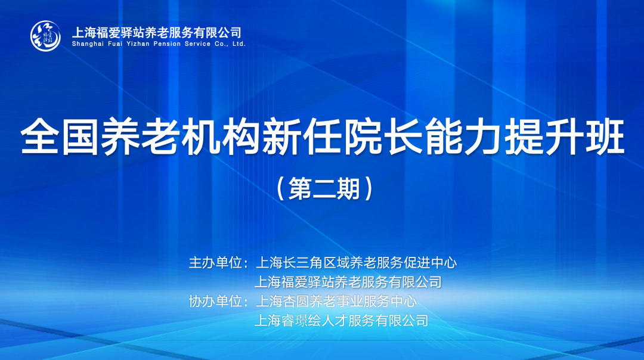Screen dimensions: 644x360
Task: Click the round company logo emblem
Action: (x=45, y=36)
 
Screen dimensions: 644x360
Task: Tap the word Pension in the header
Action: (x=167, y=44)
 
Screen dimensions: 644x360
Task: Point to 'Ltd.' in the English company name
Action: (x=239, y=44)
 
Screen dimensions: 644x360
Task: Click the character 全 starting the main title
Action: (x=41, y=136)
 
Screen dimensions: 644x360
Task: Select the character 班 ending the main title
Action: (x=605, y=136)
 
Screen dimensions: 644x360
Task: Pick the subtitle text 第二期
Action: (x=324, y=189)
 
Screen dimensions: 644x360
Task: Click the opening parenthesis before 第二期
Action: (x=281, y=189)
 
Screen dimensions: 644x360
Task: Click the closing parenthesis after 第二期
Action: (x=369, y=189)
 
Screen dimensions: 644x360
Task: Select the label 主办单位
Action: (x=215, y=263)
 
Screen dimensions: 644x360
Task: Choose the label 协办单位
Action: (x=215, y=302)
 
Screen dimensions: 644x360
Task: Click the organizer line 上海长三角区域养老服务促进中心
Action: (x=356, y=263)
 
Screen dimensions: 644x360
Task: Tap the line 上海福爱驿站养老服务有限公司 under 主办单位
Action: (x=348, y=282)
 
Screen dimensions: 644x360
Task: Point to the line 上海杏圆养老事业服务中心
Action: (x=336, y=302)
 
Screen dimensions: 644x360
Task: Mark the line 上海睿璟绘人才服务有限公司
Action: (x=342, y=321)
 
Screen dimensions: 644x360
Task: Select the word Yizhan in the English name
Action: (x=138, y=44)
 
